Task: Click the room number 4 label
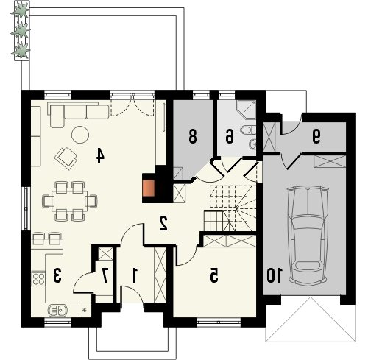click(x=100, y=155)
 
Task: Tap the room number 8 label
click(x=193, y=136)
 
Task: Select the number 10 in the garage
click(x=275, y=275)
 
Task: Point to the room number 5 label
click(x=213, y=275)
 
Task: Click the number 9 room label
click(x=316, y=136)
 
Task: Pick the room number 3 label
click(x=57, y=275)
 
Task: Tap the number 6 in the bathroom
click(x=229, y=136)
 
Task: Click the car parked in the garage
click(x=308, y=236)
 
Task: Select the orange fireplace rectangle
click(x=149, y=188)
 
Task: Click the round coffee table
click(x=80, y=135)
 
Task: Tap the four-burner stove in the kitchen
click(x=38, y=279)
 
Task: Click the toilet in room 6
click(x=248, y=130)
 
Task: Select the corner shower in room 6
click(x=247, y=110)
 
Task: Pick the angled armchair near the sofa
click(x=66, y=158)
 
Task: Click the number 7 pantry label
click(x=105, y=275)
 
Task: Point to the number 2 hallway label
click(x=163, y=223)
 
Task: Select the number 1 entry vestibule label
click(x=134, y=275)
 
